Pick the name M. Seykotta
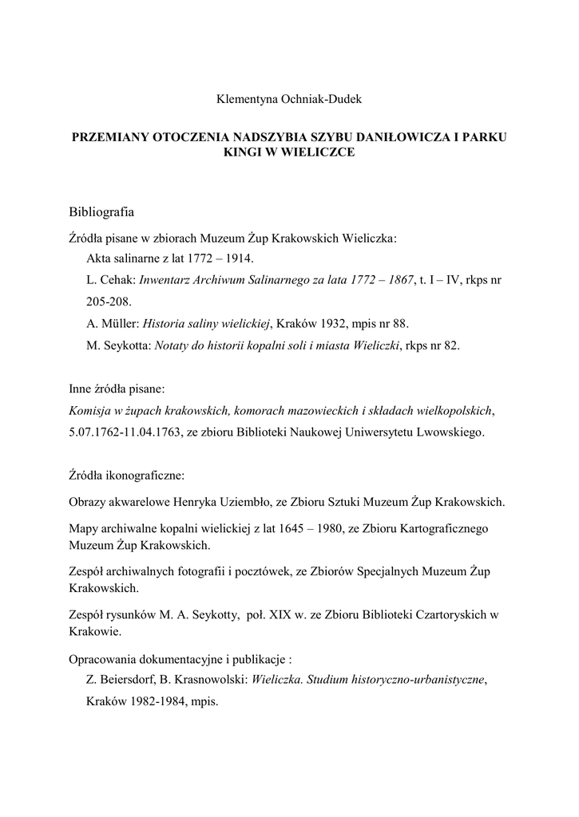tap(117, 345)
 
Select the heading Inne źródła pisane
tap(117, 389)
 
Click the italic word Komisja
tap(91, 411)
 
